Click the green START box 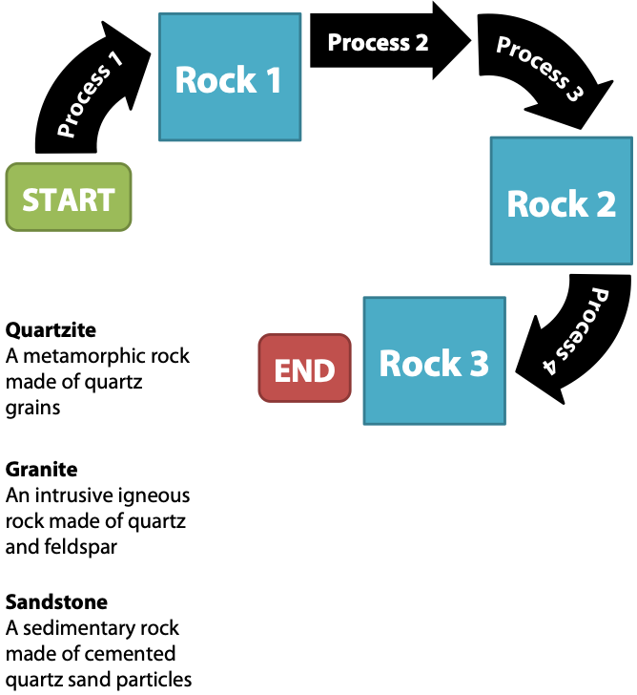pos(68,198)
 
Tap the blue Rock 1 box pos(228,78)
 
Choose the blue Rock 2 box pos(561,201)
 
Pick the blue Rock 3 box pos(434,361)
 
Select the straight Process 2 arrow pos(386,42)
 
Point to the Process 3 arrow pos(540,72)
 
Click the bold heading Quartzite pos(51,329)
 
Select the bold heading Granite pos(41,469)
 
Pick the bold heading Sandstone pos(56,602)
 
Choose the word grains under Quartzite pos(32,409)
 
